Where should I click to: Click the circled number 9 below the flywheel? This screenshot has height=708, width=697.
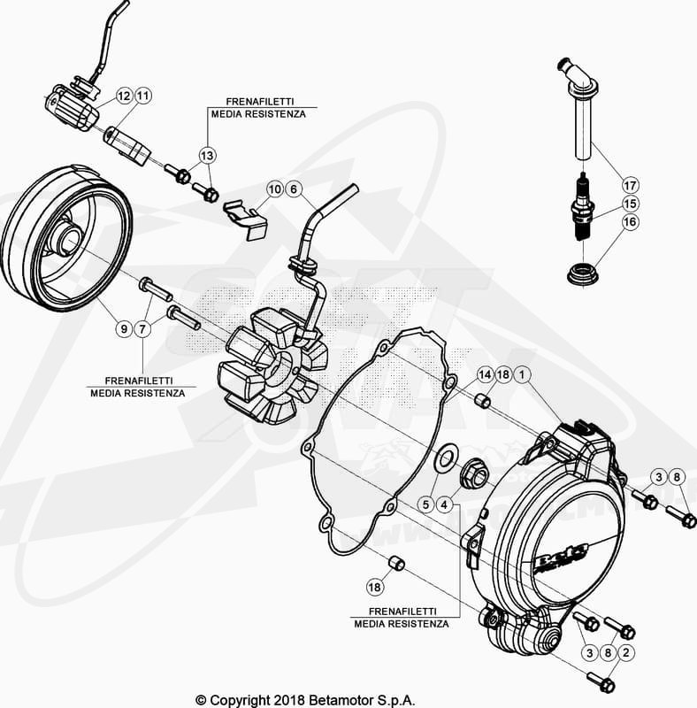(124, 329)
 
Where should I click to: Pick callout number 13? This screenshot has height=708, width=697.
(206, 156)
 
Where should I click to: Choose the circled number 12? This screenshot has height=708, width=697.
(123, 96)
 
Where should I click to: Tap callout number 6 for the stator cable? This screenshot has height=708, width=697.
(294, 189)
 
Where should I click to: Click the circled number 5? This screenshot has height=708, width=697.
(426, 504)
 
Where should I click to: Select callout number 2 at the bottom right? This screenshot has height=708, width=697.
(627, 653)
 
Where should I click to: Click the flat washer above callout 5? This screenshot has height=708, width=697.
(446, 458)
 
